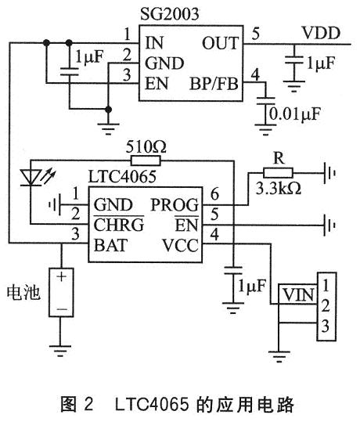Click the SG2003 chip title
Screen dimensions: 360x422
(170, 14)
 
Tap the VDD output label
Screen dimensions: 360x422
(321, 34)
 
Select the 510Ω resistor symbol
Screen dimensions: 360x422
(146, 161)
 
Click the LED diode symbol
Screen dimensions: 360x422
(32, 177)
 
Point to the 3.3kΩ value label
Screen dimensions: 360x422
(279, 189)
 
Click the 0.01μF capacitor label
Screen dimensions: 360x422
(295, 114)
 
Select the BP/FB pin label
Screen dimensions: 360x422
(214, 84)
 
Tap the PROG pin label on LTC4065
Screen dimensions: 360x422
(175, 205)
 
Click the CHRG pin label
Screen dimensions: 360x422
(119, 225)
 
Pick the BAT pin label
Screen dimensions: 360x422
(110, 245)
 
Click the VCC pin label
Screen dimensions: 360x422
(181, 245)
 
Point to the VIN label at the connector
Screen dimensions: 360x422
(298, 294)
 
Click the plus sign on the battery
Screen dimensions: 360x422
(62, 276)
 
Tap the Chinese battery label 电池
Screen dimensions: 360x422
(23, 293)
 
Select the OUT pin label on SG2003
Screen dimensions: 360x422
(221, 43)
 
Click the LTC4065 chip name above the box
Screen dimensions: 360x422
(122, 177)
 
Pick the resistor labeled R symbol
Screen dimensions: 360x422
(278, 173)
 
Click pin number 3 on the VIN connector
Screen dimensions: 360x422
(326, 326)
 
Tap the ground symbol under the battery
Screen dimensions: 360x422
(60, 351)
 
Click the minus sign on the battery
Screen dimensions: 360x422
(62, 309)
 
